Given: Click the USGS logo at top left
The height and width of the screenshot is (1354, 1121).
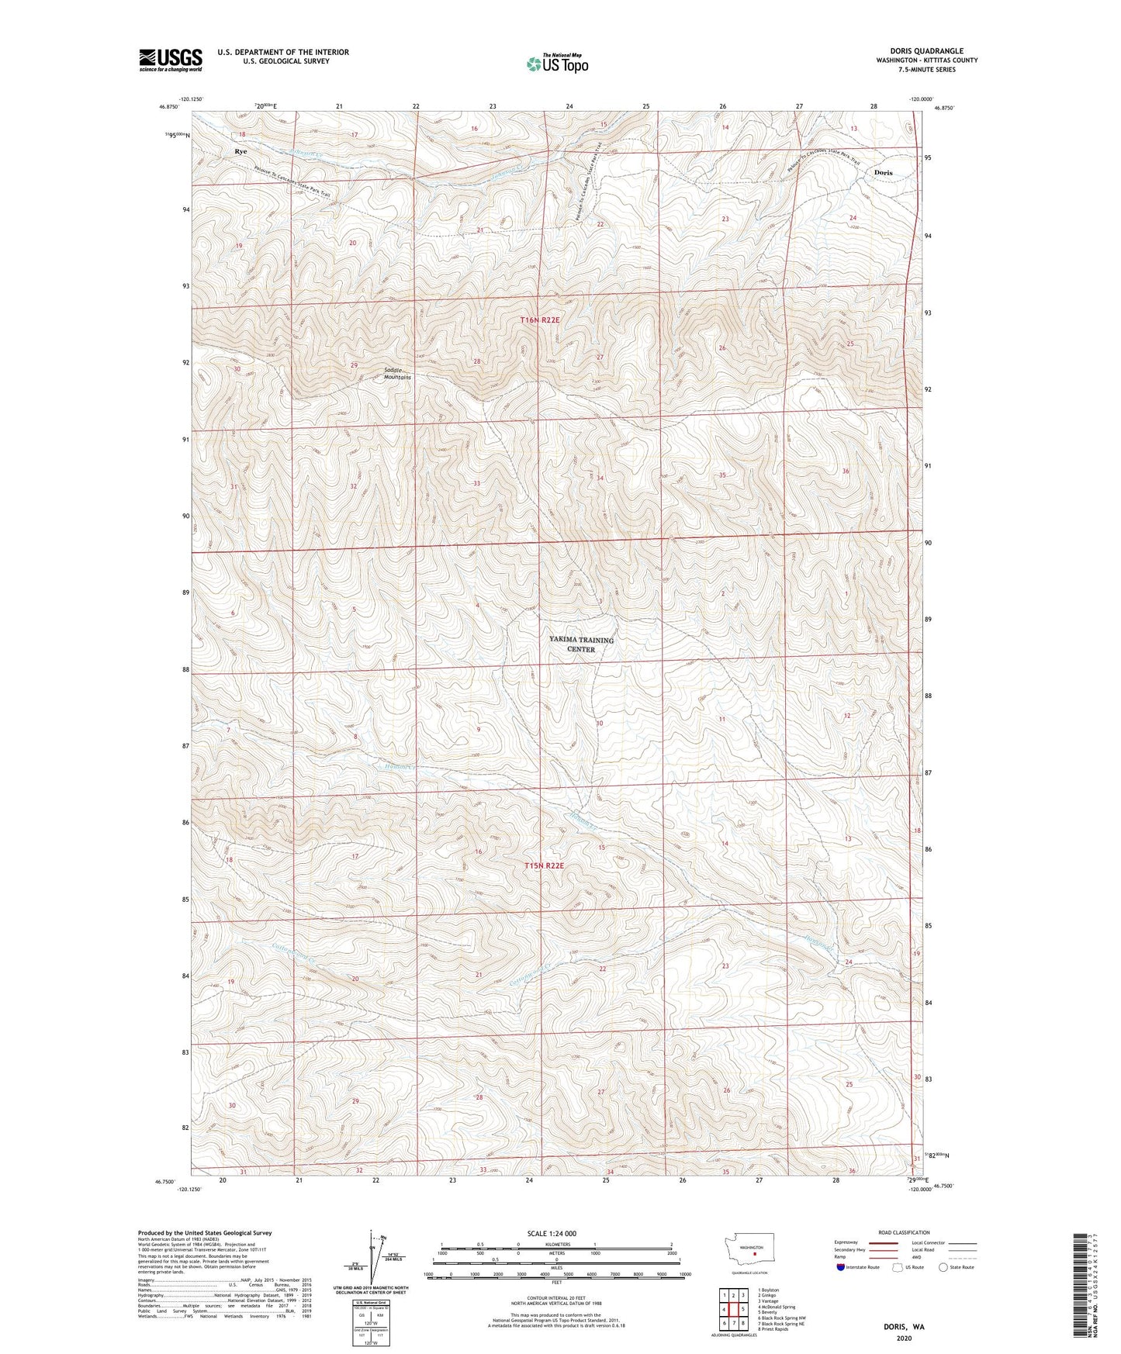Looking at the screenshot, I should coord(171,60).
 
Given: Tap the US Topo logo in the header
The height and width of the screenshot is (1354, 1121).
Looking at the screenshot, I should coord(557,64).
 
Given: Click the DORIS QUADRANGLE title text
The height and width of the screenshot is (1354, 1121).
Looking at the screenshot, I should coord(926,51).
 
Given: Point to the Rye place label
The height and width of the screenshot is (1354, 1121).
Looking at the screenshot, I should coord(240,151).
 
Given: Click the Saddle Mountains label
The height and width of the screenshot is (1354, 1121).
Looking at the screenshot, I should coord(397,374).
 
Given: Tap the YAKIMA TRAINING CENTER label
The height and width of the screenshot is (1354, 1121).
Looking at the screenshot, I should coord(581,644).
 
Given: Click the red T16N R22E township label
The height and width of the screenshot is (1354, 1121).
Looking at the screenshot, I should coord(545,320).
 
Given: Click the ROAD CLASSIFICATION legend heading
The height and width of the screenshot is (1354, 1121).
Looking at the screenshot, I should coord(904,1232).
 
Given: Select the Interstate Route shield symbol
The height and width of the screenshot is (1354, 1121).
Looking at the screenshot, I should coord(841,1267).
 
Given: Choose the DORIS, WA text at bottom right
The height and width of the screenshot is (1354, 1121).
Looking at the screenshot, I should coord(904,1327).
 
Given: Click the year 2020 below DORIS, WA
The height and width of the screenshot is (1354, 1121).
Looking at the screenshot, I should coord(904,1338).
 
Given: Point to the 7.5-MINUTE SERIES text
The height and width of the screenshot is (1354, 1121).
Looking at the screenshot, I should coord(926,70).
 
